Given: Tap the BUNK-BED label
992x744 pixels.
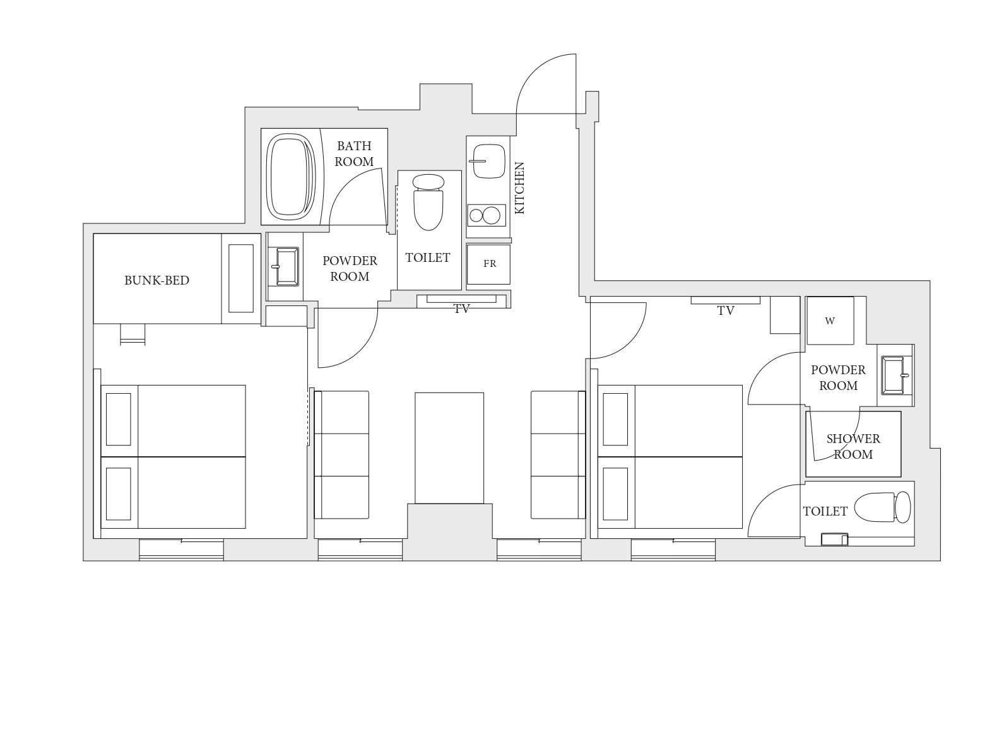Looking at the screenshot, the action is (x=157, y=281).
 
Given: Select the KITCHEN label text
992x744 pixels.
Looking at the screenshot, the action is (x=519, y=188).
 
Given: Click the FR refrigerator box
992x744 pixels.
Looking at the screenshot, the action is (x=488, y=264).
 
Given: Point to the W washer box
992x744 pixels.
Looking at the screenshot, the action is (x=830, y=321).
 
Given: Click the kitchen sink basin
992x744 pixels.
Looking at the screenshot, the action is (x=489, y=162).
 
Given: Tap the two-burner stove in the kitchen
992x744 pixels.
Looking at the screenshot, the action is (x=487, y=215).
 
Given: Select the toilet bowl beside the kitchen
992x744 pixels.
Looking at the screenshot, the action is (x=428, y=203).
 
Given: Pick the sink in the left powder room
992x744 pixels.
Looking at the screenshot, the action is (x=287, y=266).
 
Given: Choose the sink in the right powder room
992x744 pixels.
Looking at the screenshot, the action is (x=895, y=375).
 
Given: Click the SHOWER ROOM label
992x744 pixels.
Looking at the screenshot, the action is (x=853, y=447).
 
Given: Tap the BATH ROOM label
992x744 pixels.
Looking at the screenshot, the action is (x=354, y=153).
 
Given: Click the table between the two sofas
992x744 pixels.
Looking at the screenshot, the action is (x=449, y=448).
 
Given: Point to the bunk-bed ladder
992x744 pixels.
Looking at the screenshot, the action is (x=133, y=334).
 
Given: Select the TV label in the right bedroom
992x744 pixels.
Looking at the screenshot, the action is (x=726, y=311).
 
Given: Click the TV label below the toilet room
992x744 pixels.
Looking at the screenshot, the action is (x=462, y=309).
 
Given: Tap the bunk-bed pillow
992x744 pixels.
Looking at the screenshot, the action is (x=241, y=278).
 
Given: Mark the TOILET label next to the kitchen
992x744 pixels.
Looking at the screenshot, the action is (x=427, y=258).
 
